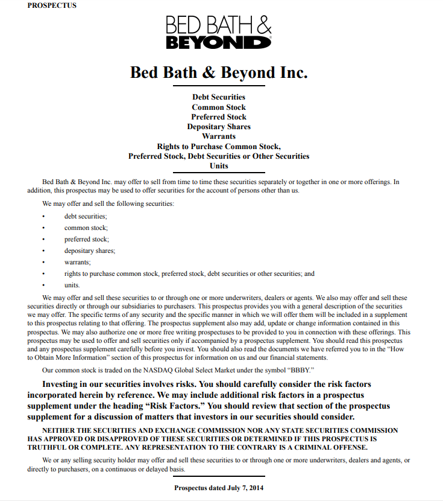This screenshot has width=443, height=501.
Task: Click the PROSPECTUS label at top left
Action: tap(52, 5)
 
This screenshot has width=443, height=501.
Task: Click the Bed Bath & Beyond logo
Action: tap(219, 33)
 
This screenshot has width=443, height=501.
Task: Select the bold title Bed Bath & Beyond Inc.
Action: tap(219, 72)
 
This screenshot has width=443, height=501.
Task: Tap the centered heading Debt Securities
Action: tap(219, 97)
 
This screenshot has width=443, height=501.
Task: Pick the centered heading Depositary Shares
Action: tap(219, 127)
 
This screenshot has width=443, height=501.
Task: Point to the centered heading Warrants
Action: tap(219, 136)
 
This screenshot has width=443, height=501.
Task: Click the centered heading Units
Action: tap(219, 166)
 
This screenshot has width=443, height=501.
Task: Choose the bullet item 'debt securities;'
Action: tap(86, 216)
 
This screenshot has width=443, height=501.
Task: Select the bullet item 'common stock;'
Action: tap(86, 228)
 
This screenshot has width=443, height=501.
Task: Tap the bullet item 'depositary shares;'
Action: tap(90, 250)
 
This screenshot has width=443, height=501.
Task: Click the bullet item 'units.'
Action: tap(72, 285)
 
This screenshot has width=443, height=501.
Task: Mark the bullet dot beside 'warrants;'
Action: tap(44, 262)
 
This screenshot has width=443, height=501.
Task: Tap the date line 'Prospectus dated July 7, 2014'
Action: tap(219, 488)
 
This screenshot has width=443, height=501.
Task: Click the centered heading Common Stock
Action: tap(219, 107)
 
